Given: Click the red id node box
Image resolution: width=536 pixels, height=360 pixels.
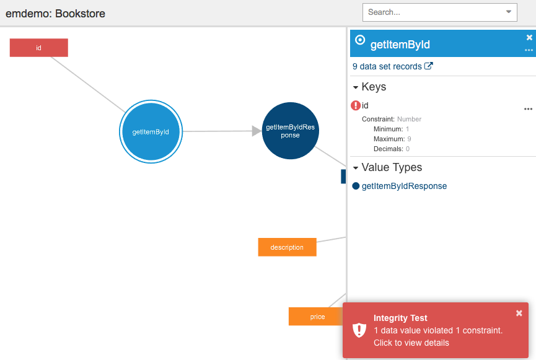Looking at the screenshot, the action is pyautogui.click(x=38, y=48).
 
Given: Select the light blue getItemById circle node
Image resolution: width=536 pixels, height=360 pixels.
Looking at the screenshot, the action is pyautogui.click(x=151, y=131).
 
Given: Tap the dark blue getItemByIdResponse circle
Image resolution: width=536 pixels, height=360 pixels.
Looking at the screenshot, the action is pyautogui.click(x=290, y=131).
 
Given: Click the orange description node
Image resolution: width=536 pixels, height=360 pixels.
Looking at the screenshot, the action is pyautogui.click(x=287, y=247).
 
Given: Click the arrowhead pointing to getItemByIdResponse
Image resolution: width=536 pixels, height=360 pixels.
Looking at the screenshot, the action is pyautogui.click(x=257, y=131).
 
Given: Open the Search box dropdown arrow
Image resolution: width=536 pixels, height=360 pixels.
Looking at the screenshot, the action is pyautogui.click(x=509, y=12).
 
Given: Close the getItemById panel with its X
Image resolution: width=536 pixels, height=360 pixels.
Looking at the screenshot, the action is pyautogui.click(x=529, y=37).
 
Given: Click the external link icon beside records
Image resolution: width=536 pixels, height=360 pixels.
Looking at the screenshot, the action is pyautogui.click(x=429, y=66).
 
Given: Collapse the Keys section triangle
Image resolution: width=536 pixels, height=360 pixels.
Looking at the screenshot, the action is pyautogui.click(x=356, y=87).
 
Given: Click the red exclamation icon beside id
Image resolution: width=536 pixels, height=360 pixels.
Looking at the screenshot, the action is pyautogui.click(x=356, y=105).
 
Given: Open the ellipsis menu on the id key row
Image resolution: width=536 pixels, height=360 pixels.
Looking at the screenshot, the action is pyautogui.click(x=528, y=109).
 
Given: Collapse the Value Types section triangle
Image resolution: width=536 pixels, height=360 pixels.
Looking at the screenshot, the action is pyautogui.click(x=356, y=168).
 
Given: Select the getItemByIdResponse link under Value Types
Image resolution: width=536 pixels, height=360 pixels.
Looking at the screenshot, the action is pyautogui.click(x=404, y=186).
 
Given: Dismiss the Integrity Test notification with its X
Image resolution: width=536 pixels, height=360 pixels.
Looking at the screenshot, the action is pyautogui.click(x=519, y=313).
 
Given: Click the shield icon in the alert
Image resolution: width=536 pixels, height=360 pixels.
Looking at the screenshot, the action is pyautogui.click(x=359, y=330).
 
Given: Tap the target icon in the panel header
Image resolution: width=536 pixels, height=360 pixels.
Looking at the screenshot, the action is pyautogui.click(x=360, y=40).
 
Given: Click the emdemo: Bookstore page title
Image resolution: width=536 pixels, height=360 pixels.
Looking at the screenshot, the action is pyautogui.click(x=55, y=14).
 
